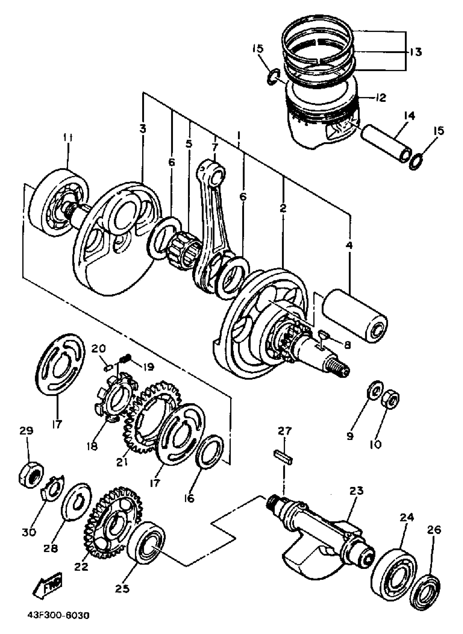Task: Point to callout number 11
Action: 67,138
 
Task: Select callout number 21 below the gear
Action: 122,462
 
